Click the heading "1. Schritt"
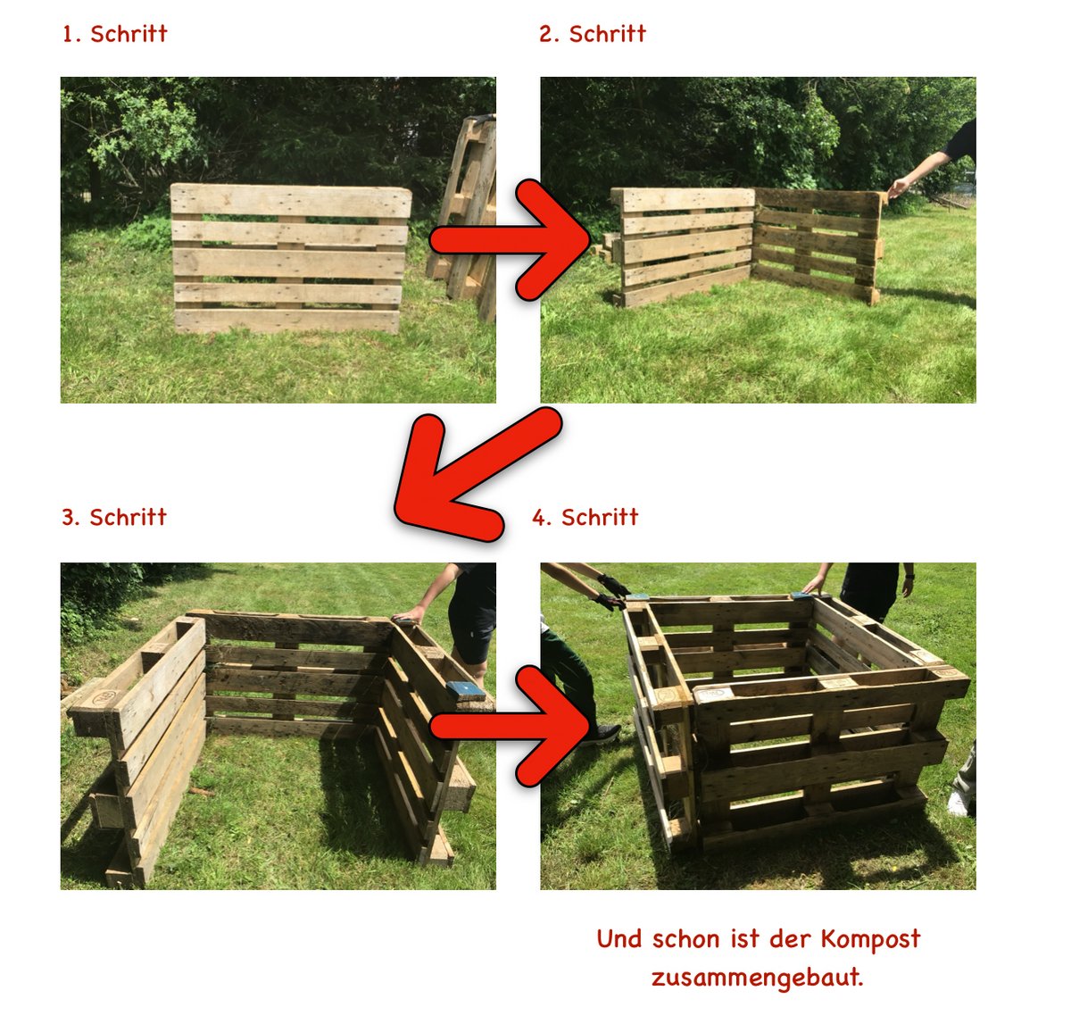pyautogui.click(x=114, y=34)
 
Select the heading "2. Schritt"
pyautogui.click(x=593, y=34)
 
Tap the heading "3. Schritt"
pyautogui.click(x=114, y=517)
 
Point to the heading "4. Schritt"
pyautogui.click(x=585, y=517)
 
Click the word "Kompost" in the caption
pyautogui.click(x=870, y=939)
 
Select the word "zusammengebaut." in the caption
pyautogui.click(x=758, y=978)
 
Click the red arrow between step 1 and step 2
pyautogui.click(x=511, y=239)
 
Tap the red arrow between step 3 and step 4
pyautogui.click(x=511, y=726)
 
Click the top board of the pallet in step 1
pyautogui.click(x=291, y=201)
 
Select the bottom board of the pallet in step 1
pyautogui.click(x=286, y=321)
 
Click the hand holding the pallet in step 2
pyautogui.click(x=897, y=188)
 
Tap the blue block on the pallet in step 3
pyautogui.click(x=465, y=691)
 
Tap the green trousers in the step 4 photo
pyautogui.click(x=569, y=676)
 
